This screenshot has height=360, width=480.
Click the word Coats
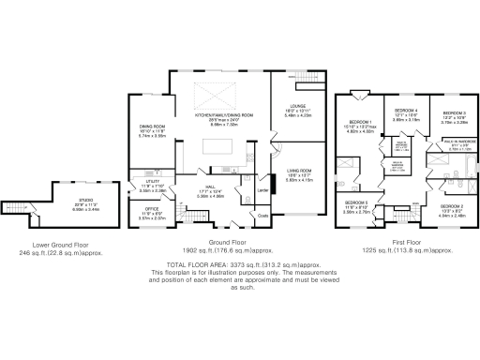coord(263,215)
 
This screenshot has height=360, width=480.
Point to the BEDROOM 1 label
coord(362,124)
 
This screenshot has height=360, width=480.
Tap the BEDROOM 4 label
coord(405,111)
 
